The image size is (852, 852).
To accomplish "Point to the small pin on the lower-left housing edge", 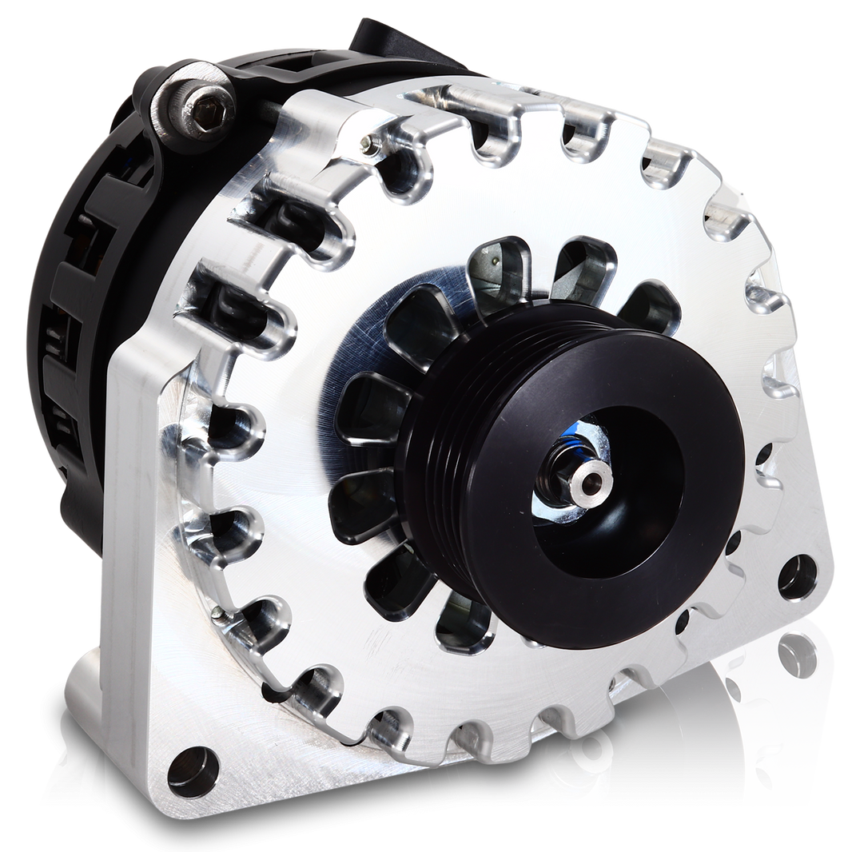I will pos(218,614).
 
